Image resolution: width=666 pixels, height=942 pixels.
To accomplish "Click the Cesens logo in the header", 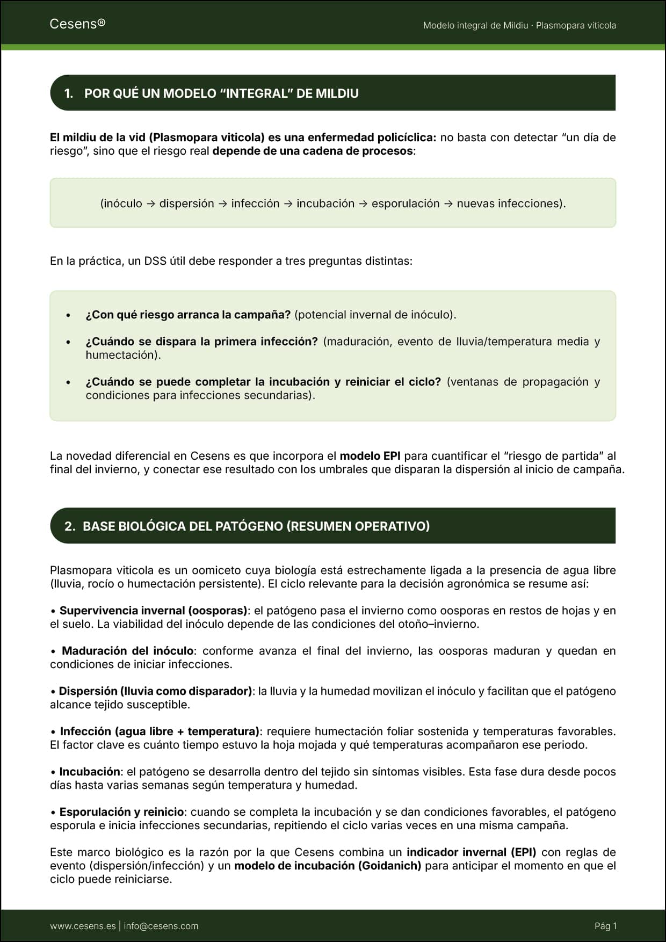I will pos(77,24).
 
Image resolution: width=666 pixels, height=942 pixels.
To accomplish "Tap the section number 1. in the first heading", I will pos(69,93).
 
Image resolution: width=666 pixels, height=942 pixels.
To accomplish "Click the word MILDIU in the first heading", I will pos(337,93).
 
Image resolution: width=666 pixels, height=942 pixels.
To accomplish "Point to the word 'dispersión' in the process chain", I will pos(186,204).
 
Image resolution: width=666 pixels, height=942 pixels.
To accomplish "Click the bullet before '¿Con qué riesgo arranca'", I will pos(68,315).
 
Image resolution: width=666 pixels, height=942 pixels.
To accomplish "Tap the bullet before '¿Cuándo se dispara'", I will pos(68,342).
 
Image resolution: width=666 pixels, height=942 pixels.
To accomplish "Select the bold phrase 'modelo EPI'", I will pos(370,456).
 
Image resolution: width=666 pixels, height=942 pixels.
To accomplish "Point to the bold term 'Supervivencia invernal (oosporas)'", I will pos(153,611).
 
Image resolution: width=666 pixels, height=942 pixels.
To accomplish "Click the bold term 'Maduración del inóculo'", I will pos(128,651).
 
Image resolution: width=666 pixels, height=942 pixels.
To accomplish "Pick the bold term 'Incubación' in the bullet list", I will pos(90,772).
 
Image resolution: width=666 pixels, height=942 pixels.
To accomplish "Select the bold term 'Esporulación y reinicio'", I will pos(122,812).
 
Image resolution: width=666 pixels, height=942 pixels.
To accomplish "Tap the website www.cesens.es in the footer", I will pos(83,926).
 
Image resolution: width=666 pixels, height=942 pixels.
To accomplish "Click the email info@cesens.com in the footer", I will pos(161,926).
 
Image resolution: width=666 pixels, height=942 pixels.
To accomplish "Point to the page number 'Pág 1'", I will pos(605,926).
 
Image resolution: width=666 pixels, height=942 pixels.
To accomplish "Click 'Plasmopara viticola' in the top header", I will pos(576,25).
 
